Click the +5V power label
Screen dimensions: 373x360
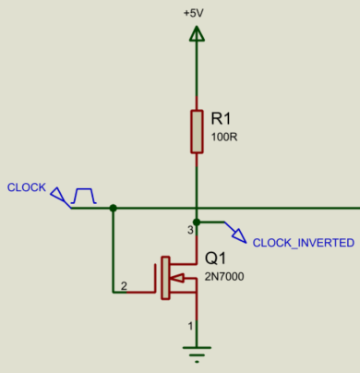coord(193,14)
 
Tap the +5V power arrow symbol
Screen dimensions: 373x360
coord(196,34)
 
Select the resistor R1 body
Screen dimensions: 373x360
coord(196,131)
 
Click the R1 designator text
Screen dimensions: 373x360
coord(222,118)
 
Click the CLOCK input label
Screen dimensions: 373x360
coord(26,187)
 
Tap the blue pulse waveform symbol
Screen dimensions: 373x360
coord(84,195)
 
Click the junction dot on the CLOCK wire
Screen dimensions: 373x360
coord(113,208)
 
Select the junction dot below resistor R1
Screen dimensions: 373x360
coord(196,208)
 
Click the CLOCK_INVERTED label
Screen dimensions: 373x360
coord(303,243)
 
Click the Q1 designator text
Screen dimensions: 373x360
coord(215,259)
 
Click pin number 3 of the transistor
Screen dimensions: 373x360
coord(190,228)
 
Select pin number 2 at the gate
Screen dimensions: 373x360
coord(125,286)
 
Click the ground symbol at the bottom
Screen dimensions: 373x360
coord(196,351)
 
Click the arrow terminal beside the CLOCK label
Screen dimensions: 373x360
coord(60,197)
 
